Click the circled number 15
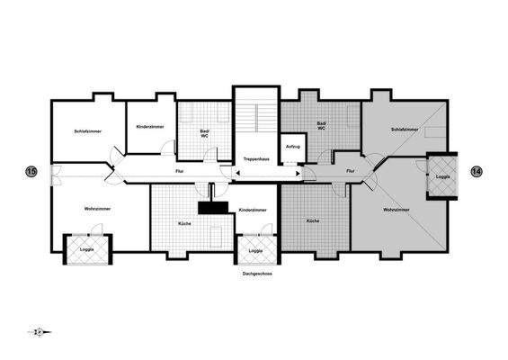[x=31, y=171]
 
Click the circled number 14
[x=477, y=171]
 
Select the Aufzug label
[x=291, y=147]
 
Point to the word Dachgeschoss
[x=256, y=272]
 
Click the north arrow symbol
[x=40, y=332]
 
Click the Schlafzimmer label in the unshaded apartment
[x=87, y=131]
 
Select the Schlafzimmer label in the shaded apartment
[x=405, y=130]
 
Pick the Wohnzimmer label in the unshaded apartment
[x=98, y=209]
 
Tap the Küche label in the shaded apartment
[x=313, y=220]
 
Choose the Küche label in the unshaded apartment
[x=184, y=222]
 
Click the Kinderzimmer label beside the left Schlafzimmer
[x=149, y=127]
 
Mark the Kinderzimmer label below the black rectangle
[x=253, y=210]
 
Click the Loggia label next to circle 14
[x=442, y=177]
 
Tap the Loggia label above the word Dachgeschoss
[x=256, y=250]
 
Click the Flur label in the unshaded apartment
[x=180, y=170]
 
